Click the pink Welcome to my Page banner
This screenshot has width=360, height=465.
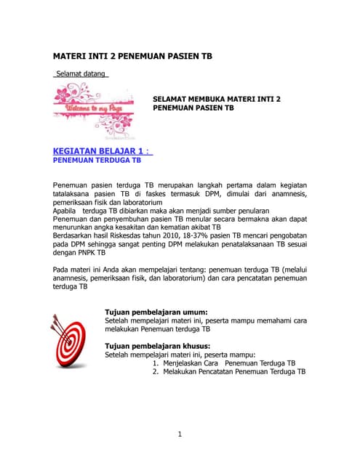coord(94,109)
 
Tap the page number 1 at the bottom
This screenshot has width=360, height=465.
coord(179,434)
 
